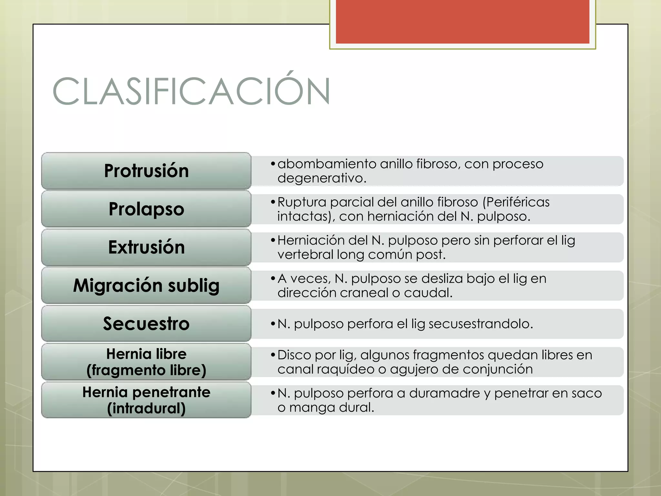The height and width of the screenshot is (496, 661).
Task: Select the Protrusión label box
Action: click(x=146, y=171)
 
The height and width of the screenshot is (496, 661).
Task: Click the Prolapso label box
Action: click(x=146, y=209)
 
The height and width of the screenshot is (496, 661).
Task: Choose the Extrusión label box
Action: click(x=146, y=247)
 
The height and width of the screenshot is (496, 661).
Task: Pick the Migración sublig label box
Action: click(x=146, y=285)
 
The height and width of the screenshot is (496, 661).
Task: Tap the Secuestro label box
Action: click(x=146, y=324)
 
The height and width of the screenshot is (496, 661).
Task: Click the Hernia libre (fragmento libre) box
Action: click(x=146, y=362)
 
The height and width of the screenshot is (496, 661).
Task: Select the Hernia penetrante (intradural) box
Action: click(x=146, y=400)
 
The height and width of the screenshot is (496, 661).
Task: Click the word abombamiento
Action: click(x=327, y=164)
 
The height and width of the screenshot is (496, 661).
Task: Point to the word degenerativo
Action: click(x=321, y=178)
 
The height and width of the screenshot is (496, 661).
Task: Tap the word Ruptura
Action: click(x=302, y=202)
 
